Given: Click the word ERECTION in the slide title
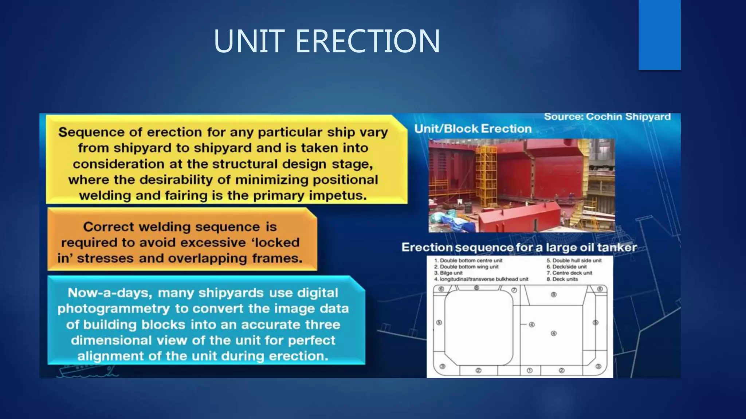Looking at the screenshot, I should [x=368, y=41].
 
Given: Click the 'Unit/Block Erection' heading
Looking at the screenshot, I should [x=473, y=129].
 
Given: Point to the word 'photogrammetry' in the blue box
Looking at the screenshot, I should [x=114, y=309].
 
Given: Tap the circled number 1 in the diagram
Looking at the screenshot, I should [x=530, y=371].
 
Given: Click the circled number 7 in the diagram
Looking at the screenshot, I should [x=514, y=290].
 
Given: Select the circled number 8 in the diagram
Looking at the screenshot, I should [x=553, y=295].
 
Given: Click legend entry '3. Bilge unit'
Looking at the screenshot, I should [x=448, y=273].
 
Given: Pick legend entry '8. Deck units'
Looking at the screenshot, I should [x=562, y=279].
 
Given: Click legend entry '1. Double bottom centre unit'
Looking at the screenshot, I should [x=468, y=260].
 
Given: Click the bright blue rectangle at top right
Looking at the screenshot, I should [x=659, y=35].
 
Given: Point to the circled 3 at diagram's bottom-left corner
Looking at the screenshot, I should [x=442, y=366].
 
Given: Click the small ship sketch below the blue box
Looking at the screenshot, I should [x=87, y=371].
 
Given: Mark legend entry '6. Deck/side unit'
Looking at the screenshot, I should [x=566, y=267].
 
